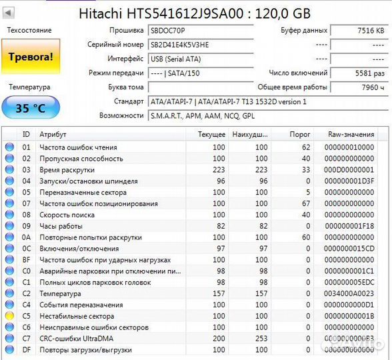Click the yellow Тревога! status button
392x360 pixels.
(x=31, y=57)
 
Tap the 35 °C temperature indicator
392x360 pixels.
(x=31, y=108)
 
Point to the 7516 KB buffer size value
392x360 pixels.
(x=360, y=31)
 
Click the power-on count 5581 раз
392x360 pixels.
(x=360, y=73)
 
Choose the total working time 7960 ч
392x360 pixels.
(x=360, y=87)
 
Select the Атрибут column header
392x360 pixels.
(x=53, y=135)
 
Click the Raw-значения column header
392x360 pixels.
(x=350, y=135)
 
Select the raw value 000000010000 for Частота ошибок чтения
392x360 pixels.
(x=349, y=147)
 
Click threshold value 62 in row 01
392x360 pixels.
(x=306, y=147)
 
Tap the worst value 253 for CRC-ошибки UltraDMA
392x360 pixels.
(x=261, y=339)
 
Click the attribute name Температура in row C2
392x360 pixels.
(x=60, y=293)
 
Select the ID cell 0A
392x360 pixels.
(x=27, y=237)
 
